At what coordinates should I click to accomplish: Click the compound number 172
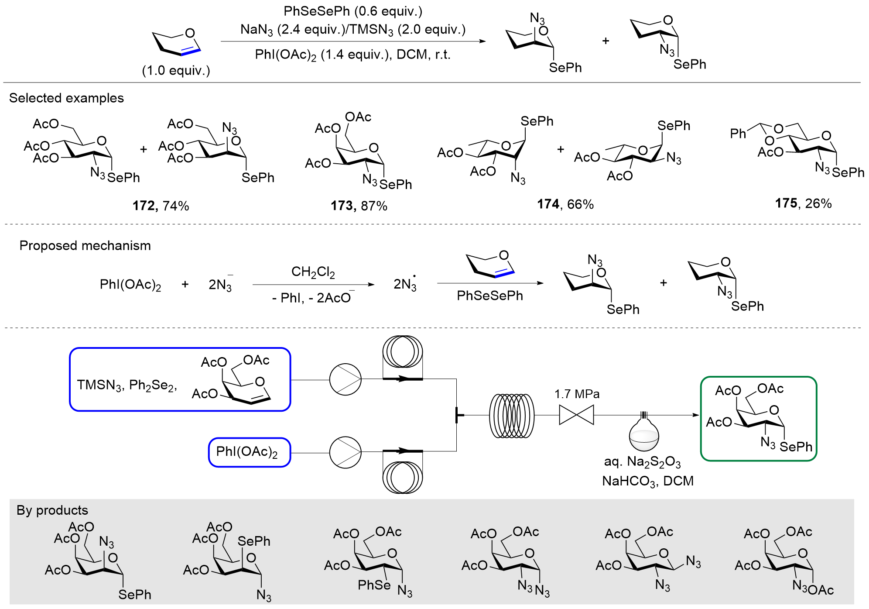point(144,206)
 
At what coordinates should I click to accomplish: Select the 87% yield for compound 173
point(374,206)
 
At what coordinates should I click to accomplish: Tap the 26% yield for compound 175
point(818,203)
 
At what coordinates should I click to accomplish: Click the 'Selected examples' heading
point(66,98)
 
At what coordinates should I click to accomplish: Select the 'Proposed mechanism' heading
point(85,246)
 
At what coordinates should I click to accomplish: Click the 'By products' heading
point(52,510)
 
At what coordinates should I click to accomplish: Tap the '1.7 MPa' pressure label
point(577,394)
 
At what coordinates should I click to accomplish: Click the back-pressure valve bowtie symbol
point(576,415)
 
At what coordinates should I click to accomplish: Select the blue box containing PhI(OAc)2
point(249,452)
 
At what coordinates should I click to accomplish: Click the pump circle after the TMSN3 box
point(345,379)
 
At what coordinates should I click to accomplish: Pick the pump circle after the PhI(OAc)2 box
point(345,452)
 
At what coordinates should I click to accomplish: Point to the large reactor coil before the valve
point(511,416)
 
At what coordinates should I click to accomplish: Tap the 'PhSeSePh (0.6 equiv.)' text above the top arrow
point(353,11)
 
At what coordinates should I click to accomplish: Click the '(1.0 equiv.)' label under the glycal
point(176,71)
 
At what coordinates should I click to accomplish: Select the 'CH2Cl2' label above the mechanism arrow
point(313,272)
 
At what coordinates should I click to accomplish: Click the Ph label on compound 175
point(738,134)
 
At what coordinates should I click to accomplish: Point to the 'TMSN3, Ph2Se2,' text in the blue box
point(127,385)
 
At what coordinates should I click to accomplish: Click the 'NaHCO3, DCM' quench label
point(648,481)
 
